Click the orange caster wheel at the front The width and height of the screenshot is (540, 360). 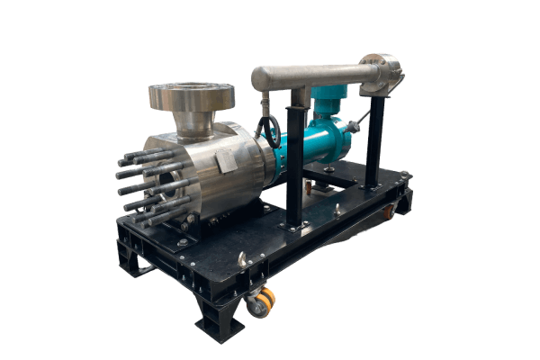click(262, 302)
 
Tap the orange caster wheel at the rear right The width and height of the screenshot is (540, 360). click(389, 212)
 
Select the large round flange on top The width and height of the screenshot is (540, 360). click(191, 94)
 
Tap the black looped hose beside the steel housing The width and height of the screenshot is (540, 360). click(266, 130)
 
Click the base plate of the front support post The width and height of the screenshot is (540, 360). click(293, 227)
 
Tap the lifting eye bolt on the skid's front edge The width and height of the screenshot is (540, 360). click(241, 259)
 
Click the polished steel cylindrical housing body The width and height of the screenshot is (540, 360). click(220, 175)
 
